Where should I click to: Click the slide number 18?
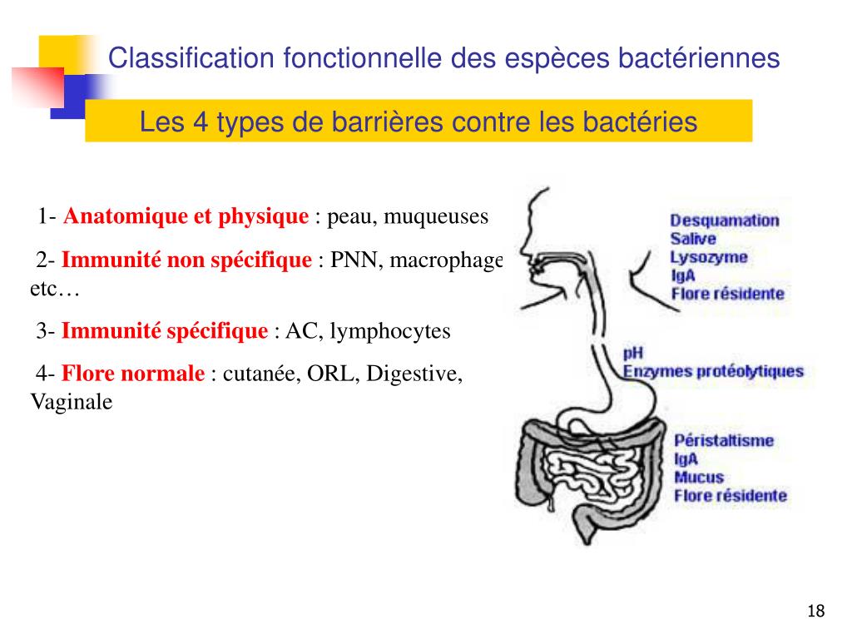[815, 612]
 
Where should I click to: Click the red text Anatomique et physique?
[186, 217]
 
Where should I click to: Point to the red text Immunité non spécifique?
[186, 260]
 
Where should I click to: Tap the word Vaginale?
[71, 401]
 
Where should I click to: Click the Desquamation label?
[725, 220]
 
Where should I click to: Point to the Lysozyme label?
[709, 257]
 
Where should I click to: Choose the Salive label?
[693, 239]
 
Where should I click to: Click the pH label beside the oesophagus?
[633, 353]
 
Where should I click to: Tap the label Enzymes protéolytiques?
[713, 371]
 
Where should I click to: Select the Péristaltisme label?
[723, 441]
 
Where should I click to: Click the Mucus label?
[698, 478]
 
